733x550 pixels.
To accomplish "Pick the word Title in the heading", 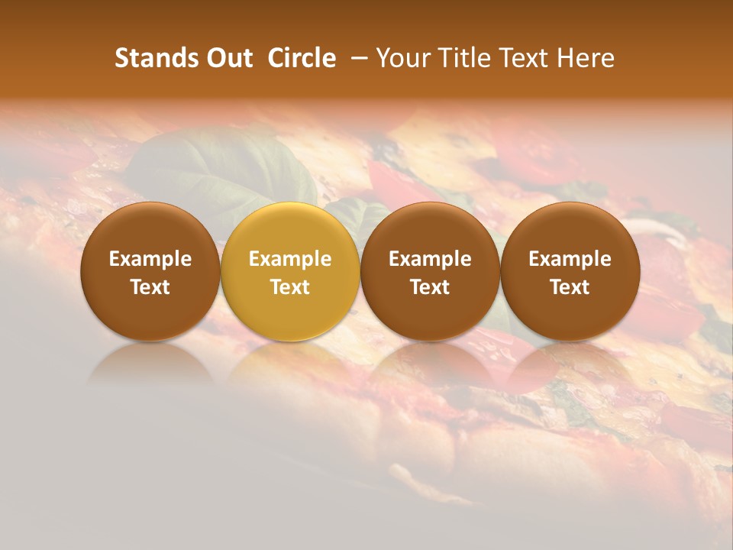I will pos(467,58).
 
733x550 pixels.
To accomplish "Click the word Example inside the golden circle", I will pos(290,259).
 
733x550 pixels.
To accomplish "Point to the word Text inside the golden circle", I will pos(290,287).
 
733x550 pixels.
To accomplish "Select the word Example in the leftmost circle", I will pos(150,259).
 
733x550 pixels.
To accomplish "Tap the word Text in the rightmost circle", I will pos(570,287).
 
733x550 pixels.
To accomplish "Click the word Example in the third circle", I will pos(430,259).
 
